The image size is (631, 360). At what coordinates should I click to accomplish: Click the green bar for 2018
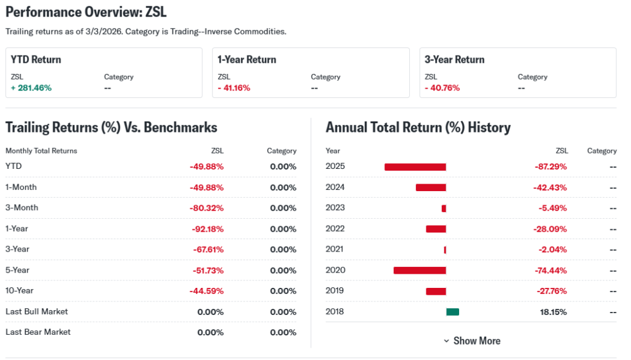(x=452, y=312)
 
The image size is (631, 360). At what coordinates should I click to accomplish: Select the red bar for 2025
(x=415, y=167)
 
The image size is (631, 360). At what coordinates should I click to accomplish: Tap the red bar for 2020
(x=419, y=270)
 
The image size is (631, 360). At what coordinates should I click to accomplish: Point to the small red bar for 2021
(x=445, y=250)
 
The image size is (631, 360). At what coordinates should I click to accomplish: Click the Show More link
(x=471, y=341)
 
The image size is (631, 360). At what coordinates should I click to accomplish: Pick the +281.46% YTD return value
(x=31, y=88)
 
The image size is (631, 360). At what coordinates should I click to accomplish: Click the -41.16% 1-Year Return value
(x=234, y=88)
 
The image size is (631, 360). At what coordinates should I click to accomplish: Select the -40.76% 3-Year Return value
(x=442, y=88)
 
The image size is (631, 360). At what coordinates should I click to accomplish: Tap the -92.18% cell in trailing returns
(x=207, y=229)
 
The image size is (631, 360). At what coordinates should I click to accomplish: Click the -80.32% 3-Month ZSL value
(x=207, y=208)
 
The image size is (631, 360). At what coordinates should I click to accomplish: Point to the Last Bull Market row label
(x=37, y=311)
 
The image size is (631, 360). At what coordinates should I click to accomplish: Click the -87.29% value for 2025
(x=550, y=166)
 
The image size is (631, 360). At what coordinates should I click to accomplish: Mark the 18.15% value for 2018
(x=553, y=312)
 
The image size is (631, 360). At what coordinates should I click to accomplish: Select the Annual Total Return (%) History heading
(x=418, y=128)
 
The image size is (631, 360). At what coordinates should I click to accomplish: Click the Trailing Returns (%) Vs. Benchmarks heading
(x=111, y=128)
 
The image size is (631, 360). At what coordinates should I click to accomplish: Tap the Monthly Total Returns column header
(x=41, y=150)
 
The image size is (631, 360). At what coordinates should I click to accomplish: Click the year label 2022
(x=335, y=229)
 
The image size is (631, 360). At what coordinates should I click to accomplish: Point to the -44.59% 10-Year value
(x=207, y=291)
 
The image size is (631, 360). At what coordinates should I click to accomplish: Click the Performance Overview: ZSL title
(x=86, y=12)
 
